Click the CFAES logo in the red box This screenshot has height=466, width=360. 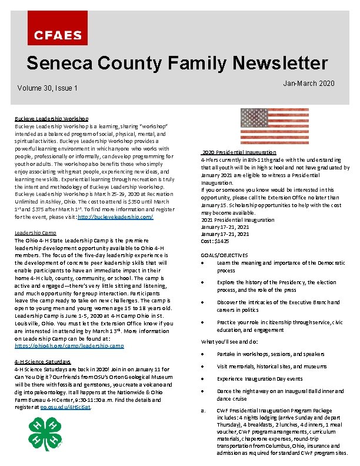pyautogui.click(x=57, y=35)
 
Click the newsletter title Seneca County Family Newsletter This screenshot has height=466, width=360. pyautogui.click(x=177, y=63)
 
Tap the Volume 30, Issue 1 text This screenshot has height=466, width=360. pyautogui.click(x=48, y=88)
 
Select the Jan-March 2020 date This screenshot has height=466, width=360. pyautogui.click(x=308, y=84)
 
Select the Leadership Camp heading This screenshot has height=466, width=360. pyautogui.click(x=35, y=233)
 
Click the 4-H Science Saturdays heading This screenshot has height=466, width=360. pyautogui.click(x=44, y=361)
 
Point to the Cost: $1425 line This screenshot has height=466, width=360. pyautogui.click(x=215, y=241)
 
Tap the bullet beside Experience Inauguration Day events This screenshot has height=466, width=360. pyautogui.click(x=203, y=379)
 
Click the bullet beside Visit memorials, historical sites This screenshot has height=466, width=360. pyautogui.click(x=203, y=367)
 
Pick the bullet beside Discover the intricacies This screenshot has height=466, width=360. pyautogui.click(x=203, y=303)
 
